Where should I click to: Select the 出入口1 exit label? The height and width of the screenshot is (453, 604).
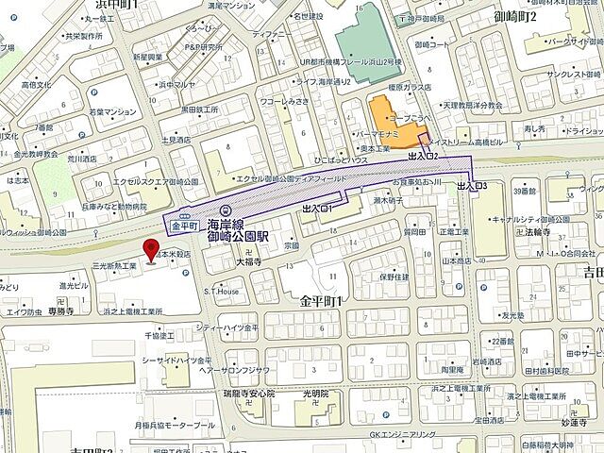click(x=319, y=207)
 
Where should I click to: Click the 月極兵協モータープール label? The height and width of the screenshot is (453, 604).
click(x=176, y=427)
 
